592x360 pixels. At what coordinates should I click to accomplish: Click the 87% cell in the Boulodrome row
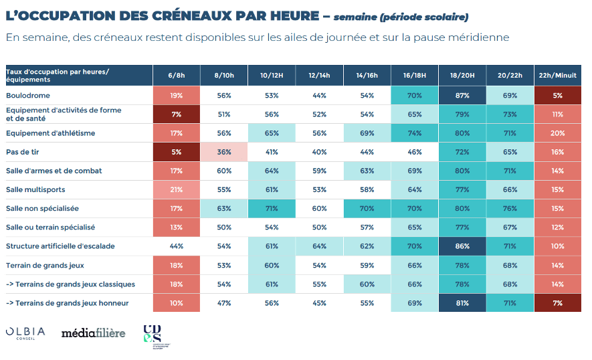click(462, 96)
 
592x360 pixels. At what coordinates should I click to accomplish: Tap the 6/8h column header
click(177, 76)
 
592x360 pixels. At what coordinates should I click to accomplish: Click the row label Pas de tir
click(23, 152)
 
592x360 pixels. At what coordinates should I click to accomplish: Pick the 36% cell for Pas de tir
click(224, 152)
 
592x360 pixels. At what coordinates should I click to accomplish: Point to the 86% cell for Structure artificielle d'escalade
click(462, 246)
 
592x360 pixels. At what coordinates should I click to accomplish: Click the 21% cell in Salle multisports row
click(177, 190)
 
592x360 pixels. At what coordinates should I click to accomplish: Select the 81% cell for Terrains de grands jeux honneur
click(462, 303)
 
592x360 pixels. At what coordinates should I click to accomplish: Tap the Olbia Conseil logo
click(25, 333)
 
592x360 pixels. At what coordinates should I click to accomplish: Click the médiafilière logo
click(93, 333)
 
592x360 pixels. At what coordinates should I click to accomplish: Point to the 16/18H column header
click(415, 76)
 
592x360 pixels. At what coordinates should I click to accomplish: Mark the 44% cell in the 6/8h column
click(177, 246)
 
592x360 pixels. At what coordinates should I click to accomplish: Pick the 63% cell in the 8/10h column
click(224, 209)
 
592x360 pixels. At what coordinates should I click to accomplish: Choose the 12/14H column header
click(319, 76)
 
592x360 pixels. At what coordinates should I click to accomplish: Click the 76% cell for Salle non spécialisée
click(510, 209)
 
